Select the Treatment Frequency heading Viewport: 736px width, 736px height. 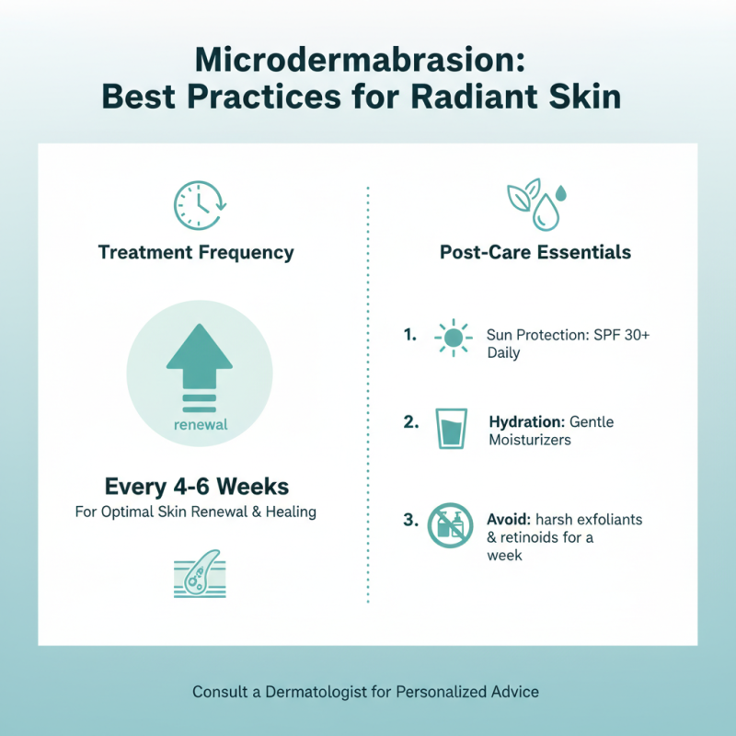(x=197, y=252)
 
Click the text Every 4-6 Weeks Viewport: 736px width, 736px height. (x=196, y=484)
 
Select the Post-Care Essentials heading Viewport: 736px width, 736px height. (x=535, y=252)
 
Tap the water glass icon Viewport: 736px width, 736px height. (x=451, y=429)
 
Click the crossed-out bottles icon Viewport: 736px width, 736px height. (x=451, y=527)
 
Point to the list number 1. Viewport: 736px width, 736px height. (x=410, y=336)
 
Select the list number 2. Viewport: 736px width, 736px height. (x=411, y=422)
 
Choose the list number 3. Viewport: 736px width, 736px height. (x=410, y=520)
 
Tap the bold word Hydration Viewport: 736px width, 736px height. (x=523, y=421)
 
